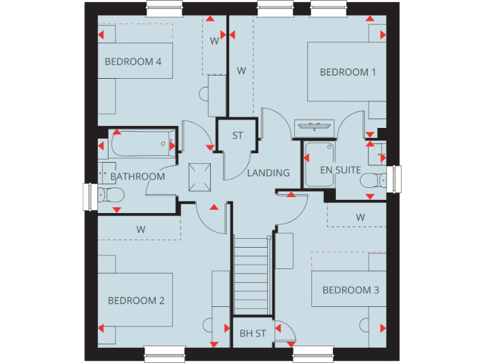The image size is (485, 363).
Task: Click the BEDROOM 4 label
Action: click(133, 62)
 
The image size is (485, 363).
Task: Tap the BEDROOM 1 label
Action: click(348, 72)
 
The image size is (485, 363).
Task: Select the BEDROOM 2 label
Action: click(136, 301)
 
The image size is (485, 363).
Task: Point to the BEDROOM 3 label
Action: click(350, 291)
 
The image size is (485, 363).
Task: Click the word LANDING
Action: click(268, 173)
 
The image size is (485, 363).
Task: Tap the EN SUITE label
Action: click(340, 170)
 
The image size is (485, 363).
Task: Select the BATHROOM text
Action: click(138, 176)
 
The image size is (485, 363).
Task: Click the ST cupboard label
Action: click(237, 135)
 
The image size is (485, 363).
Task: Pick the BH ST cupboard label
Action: click(253, 333)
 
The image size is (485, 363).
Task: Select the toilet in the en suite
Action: click(373, 181)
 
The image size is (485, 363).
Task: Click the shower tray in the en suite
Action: click(319, 164)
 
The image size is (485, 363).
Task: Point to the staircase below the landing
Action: click(252, 277)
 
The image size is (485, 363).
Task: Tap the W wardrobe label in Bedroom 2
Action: click(140, 229)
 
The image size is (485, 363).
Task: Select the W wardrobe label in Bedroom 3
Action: click(361, 217)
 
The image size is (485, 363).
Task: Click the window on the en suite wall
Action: click(396, 179)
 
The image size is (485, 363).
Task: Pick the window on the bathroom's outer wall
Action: click(88, 197)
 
